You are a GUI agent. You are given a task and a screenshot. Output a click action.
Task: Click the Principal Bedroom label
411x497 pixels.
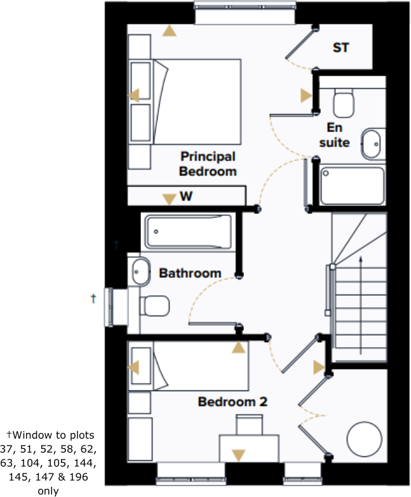[x=208, y=164]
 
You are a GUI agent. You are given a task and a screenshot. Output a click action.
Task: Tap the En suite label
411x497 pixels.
[x=334, y=135]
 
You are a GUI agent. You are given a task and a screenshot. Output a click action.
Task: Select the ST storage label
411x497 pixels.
[x=341, y=48]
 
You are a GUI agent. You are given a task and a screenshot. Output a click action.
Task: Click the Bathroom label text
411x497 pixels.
[x=190, y=274]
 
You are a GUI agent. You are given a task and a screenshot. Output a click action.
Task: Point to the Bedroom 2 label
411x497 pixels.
[x=232, y=402]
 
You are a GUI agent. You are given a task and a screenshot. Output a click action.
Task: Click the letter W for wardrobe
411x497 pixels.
[x=185, y=197]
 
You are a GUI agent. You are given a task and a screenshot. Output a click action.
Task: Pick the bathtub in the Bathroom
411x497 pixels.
[x=189, y=232]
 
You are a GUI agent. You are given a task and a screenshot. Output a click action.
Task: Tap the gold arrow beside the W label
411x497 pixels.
[x=168, y=199]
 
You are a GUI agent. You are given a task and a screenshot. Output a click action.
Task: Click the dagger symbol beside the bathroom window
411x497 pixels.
[x=93, y=297]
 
